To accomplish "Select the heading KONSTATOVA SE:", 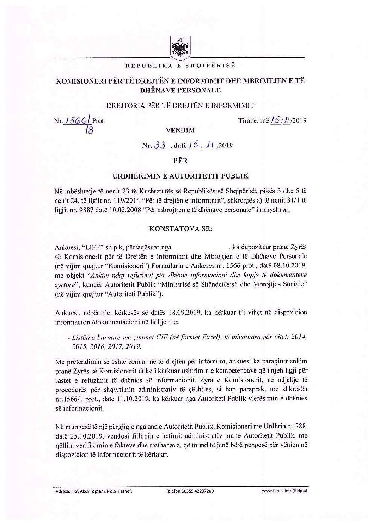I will (x=180, y=228).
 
